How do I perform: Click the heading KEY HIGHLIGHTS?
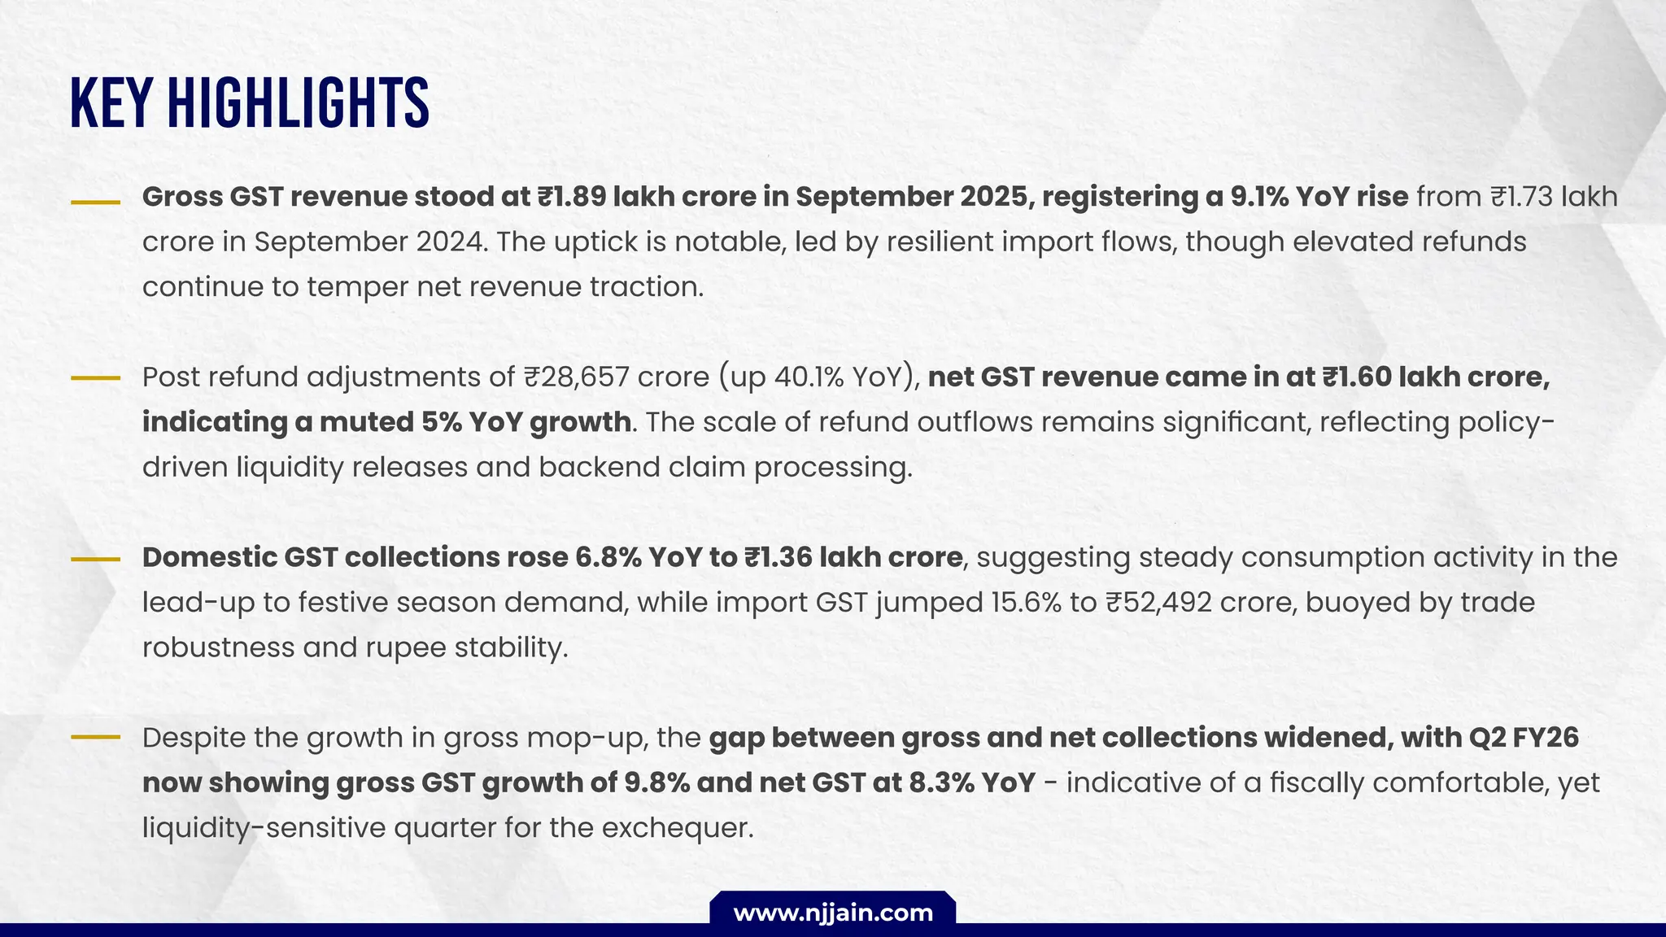(250, 103)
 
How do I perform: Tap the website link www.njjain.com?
(833, 913)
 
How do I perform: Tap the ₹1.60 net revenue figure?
(1354, 377)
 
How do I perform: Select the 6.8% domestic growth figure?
(607, 557)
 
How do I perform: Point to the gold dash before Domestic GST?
(96, 559)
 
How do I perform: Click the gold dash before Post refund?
(96, 378)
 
